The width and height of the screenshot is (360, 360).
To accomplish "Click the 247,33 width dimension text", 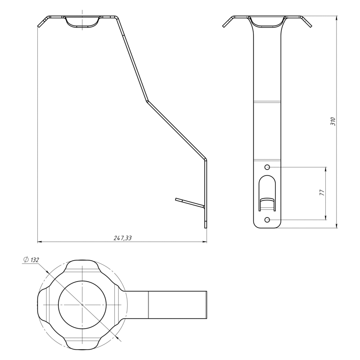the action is point(123,238).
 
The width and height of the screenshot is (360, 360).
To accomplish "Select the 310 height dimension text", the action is point(333,121).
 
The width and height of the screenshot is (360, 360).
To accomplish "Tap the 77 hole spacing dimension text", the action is point(322,193).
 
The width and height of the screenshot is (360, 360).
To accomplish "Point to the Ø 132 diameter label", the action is point(31,260).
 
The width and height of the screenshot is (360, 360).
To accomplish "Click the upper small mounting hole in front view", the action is point(267,167).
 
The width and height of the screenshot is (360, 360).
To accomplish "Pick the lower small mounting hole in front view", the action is point(267,220).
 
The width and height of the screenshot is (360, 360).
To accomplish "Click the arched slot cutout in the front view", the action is point(267,193).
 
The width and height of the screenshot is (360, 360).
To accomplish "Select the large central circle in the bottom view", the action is point(82,305).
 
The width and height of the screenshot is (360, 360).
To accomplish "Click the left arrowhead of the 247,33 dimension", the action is point(40,242).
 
